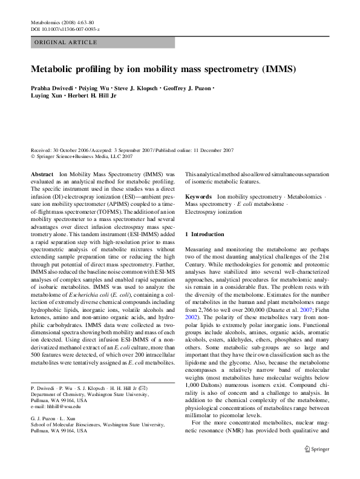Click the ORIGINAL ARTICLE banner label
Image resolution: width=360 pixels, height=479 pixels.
pyautogui.click(x=66, y=42)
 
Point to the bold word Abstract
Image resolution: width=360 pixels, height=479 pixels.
pyautogui.click(x=42, y=173)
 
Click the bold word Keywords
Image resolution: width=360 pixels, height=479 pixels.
pyautogui.click(x=198, y=197)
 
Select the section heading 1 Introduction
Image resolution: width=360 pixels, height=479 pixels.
pyautogui.click(x=204, y=234)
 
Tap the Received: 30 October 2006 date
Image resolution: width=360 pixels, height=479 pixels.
pyautogui.click(x=61, y=150)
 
